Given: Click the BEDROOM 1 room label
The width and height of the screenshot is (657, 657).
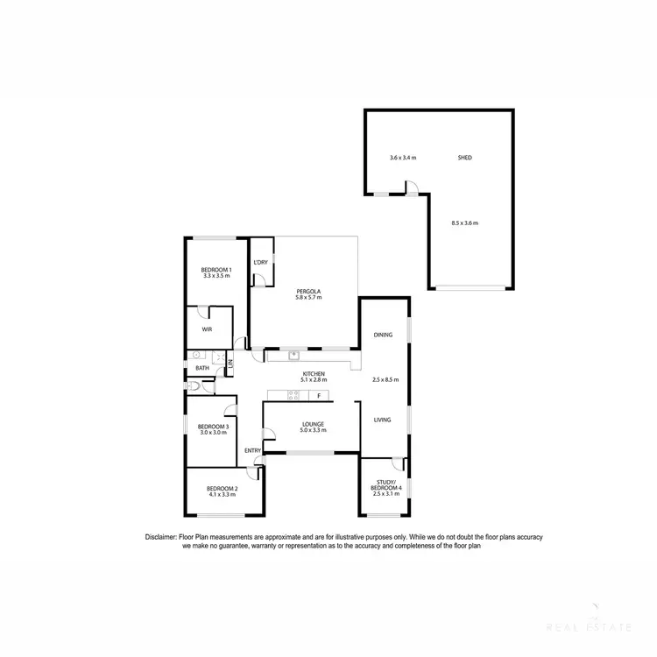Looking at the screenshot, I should pyautogui.click(x=216, y=269).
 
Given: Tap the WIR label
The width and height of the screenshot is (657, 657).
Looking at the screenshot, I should pyautogui.click(x=207, y=329).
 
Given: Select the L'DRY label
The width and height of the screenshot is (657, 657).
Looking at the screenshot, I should pyautogui.click(x=260, y=263).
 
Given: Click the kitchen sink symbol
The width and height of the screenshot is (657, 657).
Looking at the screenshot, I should pyautogui.click(x=294, y=355).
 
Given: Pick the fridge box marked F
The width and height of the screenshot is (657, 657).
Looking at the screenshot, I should pyautogui.click(x=319, y=396).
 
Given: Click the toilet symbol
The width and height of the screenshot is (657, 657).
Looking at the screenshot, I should pyautogui.click(x=191, y=385).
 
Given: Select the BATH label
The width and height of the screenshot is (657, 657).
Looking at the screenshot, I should pyautogui.click(x=202, y=368).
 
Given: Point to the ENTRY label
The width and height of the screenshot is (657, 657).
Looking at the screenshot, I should pyautogui.click(x=252, y=450).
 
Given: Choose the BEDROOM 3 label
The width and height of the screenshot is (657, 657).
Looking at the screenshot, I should pyautogui.click(x=215, y=427).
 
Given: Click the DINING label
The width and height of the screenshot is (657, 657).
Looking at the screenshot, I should pyautogui.click(x=383, y=335).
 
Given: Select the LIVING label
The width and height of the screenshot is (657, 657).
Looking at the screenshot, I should pyautogui.click(x=383, y=420).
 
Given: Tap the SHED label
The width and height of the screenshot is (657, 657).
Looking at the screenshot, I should pyautogui.click(x=464, y=158).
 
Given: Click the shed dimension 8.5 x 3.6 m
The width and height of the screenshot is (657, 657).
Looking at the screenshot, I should pyautogui.click(x=464, y=223).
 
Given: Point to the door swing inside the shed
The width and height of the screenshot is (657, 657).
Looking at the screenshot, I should pyautogui.click(x=411, y=186).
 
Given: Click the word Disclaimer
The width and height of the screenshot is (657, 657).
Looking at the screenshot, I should pyautogui.click(x=162, y=536).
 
